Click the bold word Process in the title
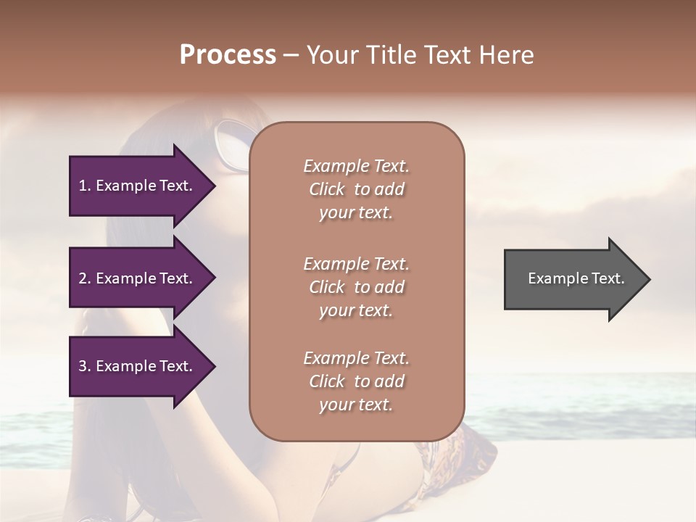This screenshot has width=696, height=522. click(x=228, y=55)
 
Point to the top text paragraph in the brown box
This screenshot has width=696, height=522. click(x=356, y=189)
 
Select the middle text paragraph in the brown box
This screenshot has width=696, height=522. click(x=356, y=287)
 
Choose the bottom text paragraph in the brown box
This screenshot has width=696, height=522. click(x=356, y=381)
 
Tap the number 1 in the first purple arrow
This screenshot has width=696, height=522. click(x=82, y=186)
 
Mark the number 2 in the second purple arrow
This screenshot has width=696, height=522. click(x=82, y=278)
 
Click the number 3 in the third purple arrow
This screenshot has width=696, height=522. click(x=82, y=366)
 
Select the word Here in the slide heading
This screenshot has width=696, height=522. click(x=507, y=55)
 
